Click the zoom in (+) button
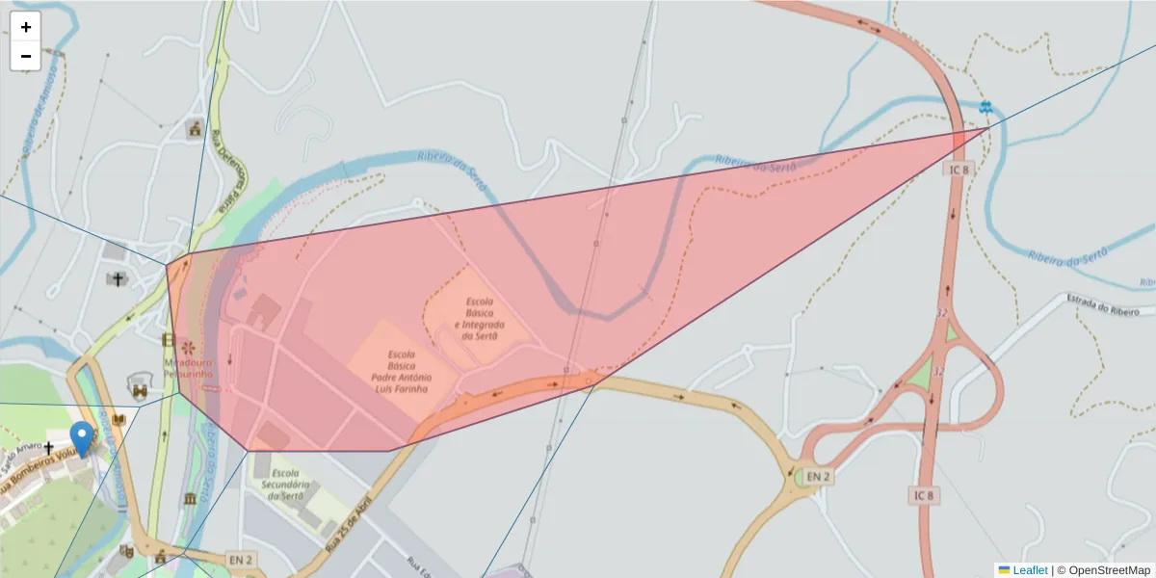point(26,27)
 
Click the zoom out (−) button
point(26,56)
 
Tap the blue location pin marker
point(83,438)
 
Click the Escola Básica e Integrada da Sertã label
point(479,318)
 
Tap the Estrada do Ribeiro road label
point(1110,305)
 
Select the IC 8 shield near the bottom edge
point(924,495)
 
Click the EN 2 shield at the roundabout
point(819,477)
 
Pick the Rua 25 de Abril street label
point(349,527)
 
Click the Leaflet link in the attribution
point(1030,570)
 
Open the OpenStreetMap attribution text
point(1108,570)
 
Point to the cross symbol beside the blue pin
point(48,448)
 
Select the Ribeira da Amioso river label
point(39,106)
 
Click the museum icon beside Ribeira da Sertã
point(190,498)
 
